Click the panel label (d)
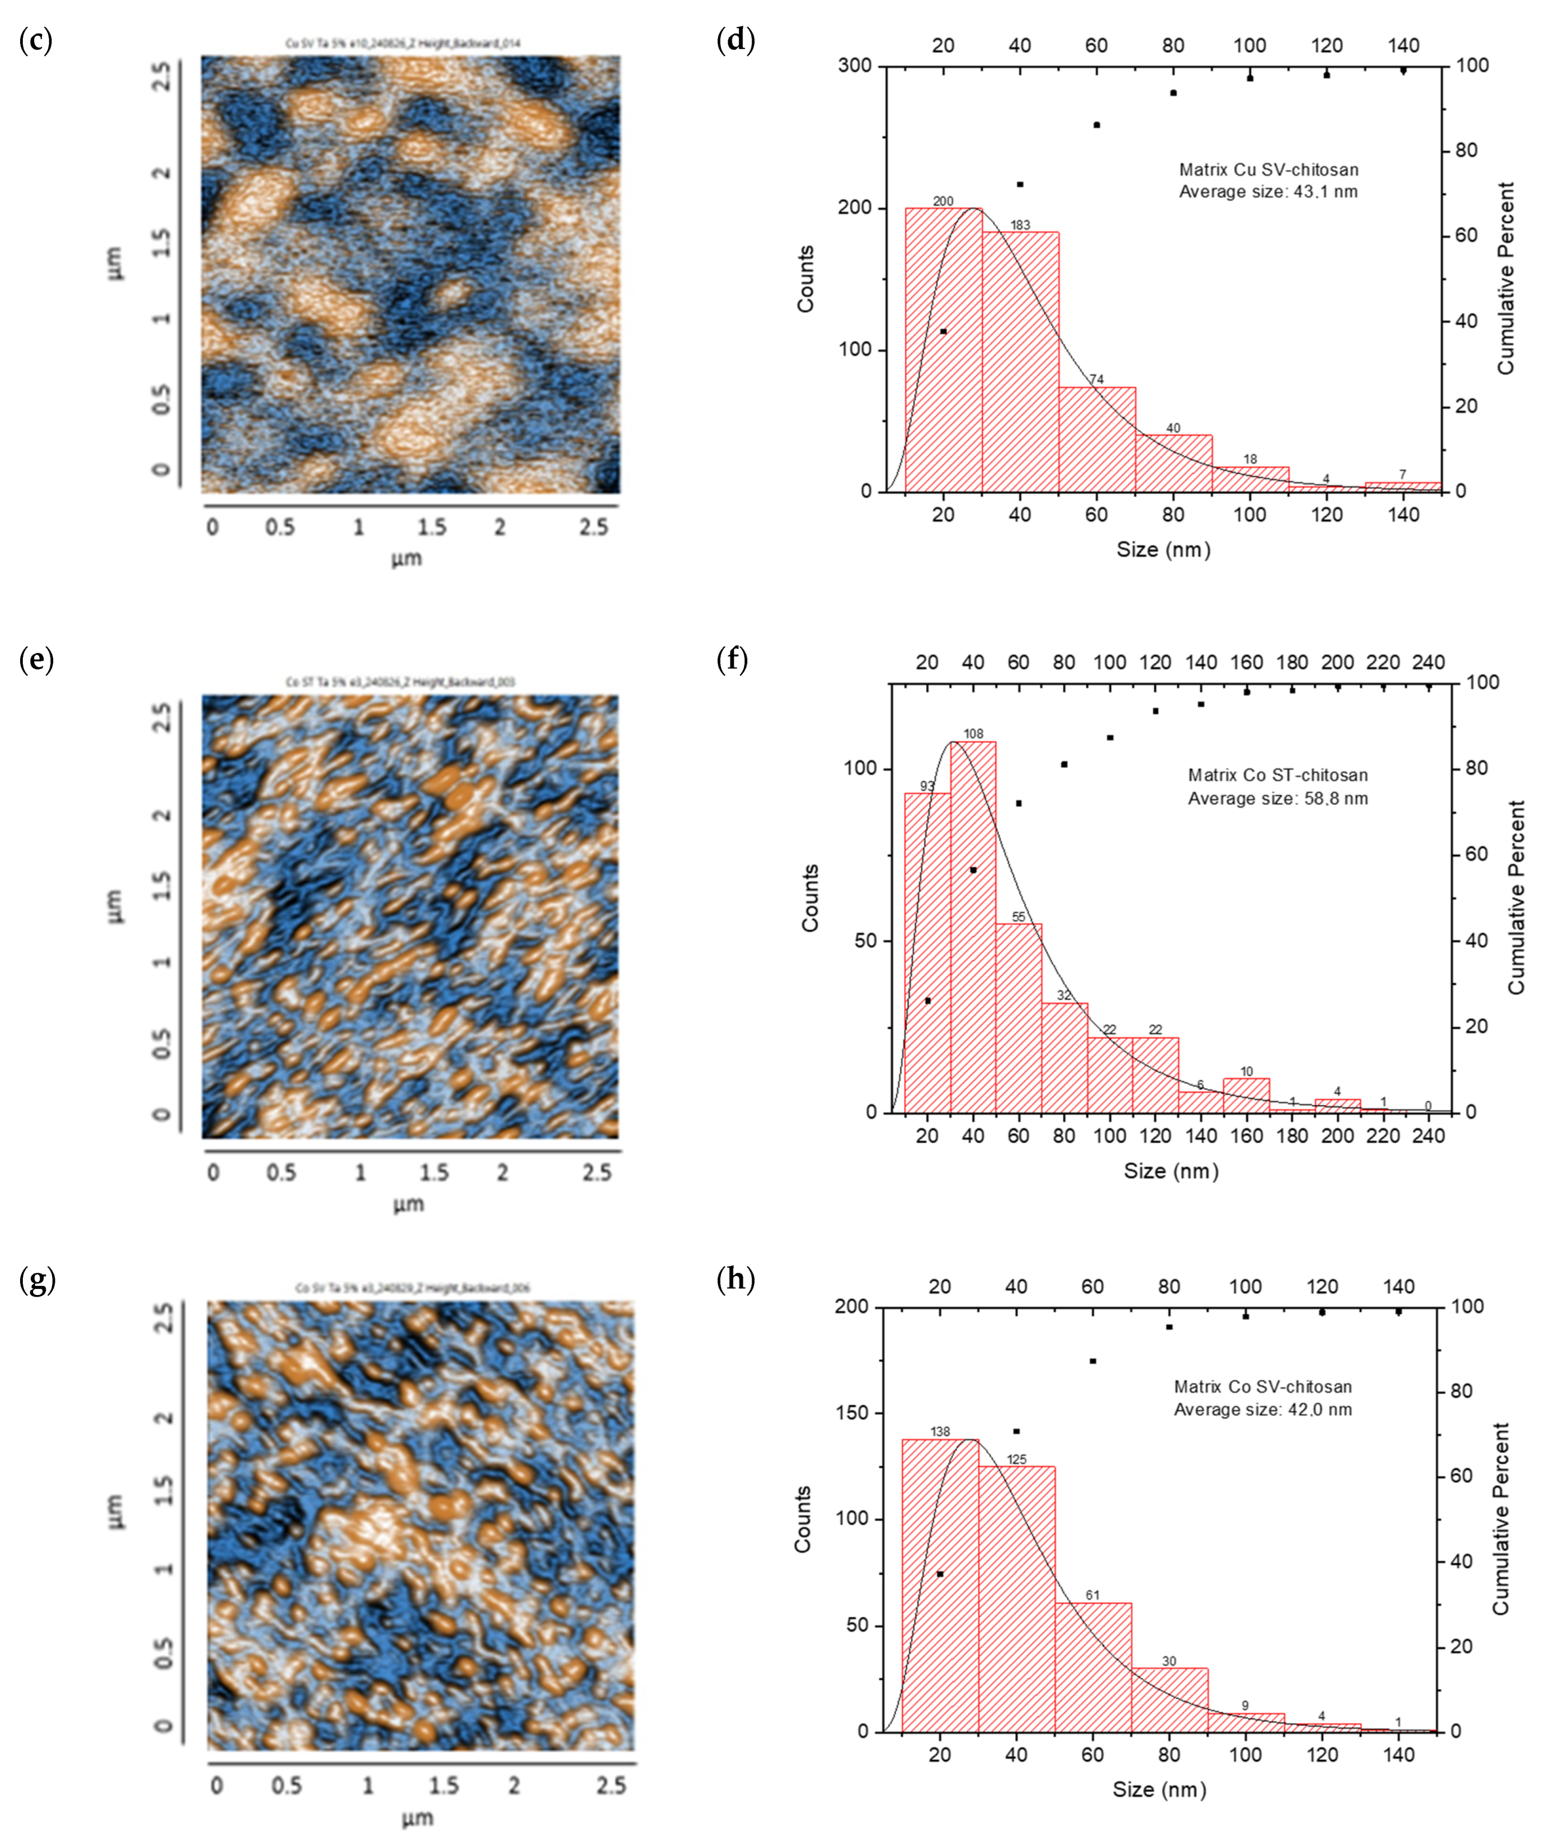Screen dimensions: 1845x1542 [x=735, y=40]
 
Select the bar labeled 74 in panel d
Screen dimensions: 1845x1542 [x=1097, y=439]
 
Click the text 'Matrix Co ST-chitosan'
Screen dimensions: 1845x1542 [x=1278, y=775]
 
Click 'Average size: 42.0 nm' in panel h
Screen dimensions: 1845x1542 [x=1262, y=1410]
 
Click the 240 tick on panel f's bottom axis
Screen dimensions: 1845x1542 [x=1429, y=1135]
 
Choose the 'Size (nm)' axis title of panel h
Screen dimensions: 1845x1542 [x=1159, y=1790]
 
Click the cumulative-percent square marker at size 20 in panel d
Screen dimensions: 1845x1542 [x=943, y=331]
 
